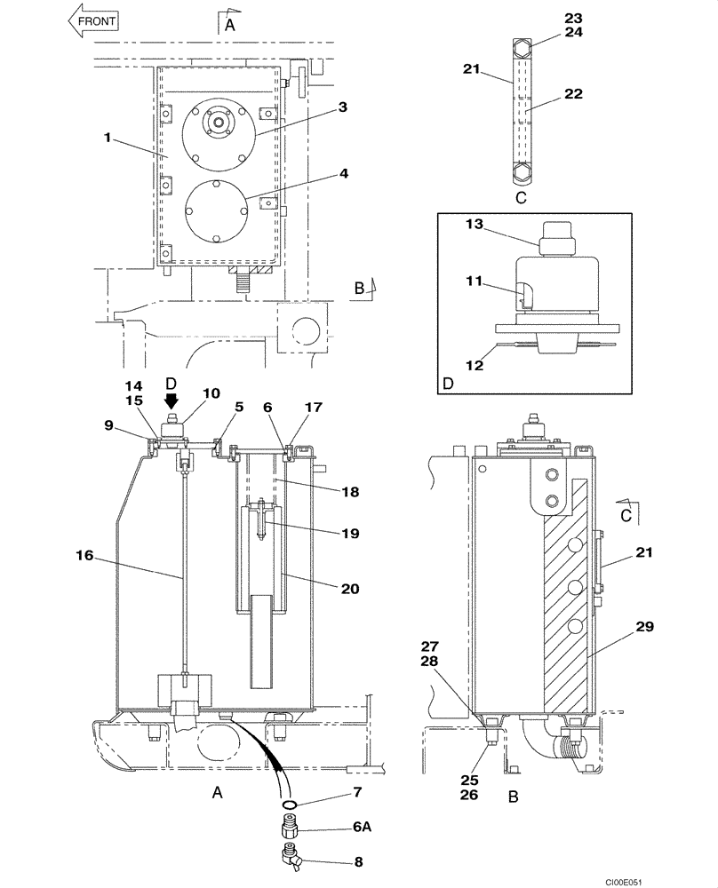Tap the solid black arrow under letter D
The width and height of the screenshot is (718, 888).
[172, 393]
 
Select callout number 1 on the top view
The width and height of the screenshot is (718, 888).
[108, 139]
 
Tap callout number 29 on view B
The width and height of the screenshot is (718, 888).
[644, 627]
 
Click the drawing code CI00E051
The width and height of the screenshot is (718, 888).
[685, 878]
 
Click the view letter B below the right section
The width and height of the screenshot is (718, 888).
[514, 797]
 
